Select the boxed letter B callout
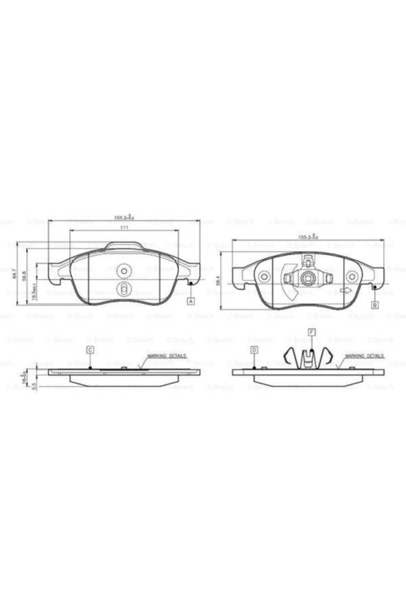[x=375, y=304]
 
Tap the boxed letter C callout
[x=90, y=350]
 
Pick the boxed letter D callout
[x=254, y=350]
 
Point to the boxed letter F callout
[x=311, y=333]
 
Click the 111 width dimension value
[x=124, y=227]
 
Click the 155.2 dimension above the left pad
[x=124, y=217]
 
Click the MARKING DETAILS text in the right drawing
[x=364, y=357]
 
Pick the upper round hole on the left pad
[x=123, y=270]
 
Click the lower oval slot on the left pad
[x=123, y=289]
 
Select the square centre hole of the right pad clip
[x=309, y=278]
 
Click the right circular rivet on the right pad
[x=352, y=277]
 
